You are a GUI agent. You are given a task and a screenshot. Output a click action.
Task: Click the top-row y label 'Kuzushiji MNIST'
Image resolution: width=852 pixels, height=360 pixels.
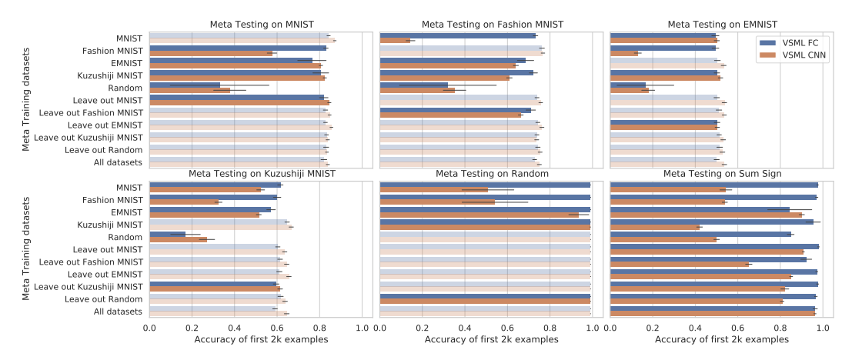coord(109,75)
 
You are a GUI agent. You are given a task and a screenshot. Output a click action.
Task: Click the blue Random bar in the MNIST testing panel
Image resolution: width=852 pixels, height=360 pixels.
coord(185,85)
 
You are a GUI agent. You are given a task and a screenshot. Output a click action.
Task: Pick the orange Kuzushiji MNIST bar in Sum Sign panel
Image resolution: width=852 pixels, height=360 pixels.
coord(655,227)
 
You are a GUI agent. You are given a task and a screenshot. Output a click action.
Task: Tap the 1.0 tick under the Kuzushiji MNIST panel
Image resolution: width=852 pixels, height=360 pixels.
coord(363,328)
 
